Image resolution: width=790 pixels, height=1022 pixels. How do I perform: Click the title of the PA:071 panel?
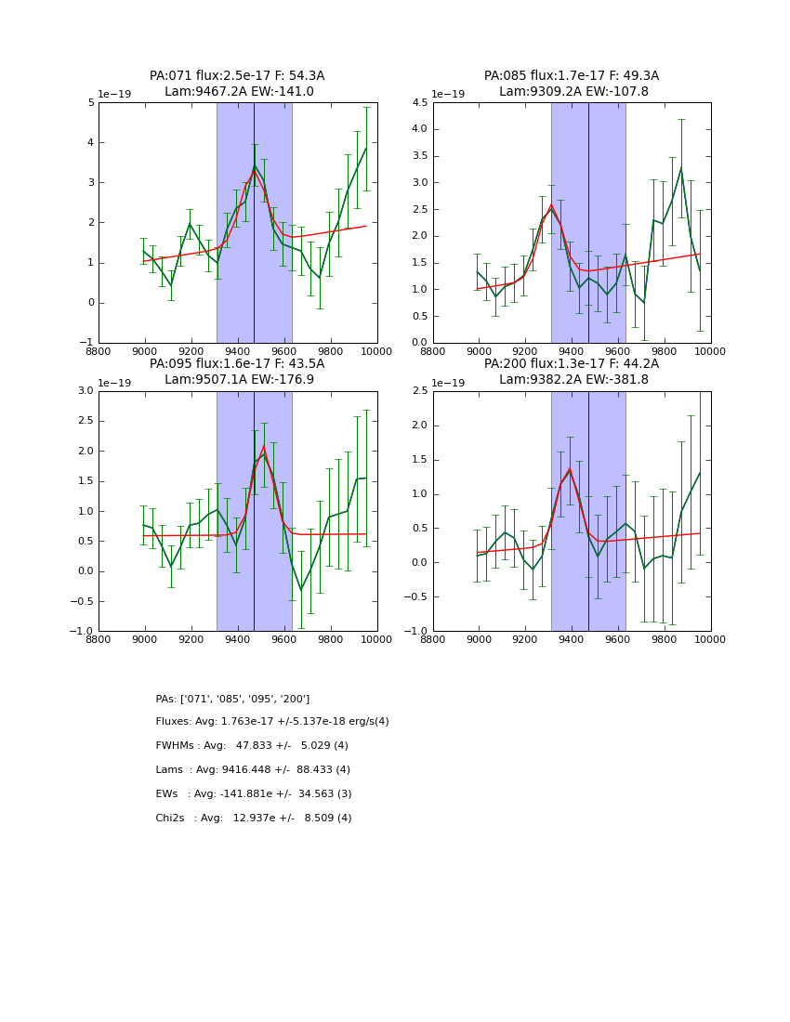[x=237, y=84]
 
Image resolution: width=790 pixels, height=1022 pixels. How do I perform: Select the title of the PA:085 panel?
[x=572, y=84]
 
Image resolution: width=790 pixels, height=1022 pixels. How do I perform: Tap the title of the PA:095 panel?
[x=237, y=372]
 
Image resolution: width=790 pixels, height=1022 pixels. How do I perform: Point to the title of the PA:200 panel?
[x=572, y=372]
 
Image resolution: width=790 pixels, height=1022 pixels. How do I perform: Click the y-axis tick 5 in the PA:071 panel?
[x=90, y=102]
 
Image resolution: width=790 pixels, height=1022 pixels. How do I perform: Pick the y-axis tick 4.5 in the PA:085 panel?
[x=417, y=102]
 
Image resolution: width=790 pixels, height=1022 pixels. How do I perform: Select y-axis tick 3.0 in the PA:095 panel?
[x=86, y=391]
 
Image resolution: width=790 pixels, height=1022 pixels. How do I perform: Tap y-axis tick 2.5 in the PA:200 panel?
[x=417, y=391]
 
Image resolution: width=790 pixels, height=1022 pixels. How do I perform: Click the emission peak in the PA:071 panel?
[x=254, y=167]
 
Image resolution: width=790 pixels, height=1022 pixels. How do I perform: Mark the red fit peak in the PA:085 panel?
[x=551, y=204]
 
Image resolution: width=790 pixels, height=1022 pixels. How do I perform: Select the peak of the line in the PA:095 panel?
[x=264, y=447]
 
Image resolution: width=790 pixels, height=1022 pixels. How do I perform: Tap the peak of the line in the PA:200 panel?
[x=570, y=468]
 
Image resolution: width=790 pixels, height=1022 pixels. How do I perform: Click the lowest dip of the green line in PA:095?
[x=300, y=590]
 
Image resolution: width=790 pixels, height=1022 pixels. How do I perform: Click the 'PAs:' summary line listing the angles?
[x=232, y=699]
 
